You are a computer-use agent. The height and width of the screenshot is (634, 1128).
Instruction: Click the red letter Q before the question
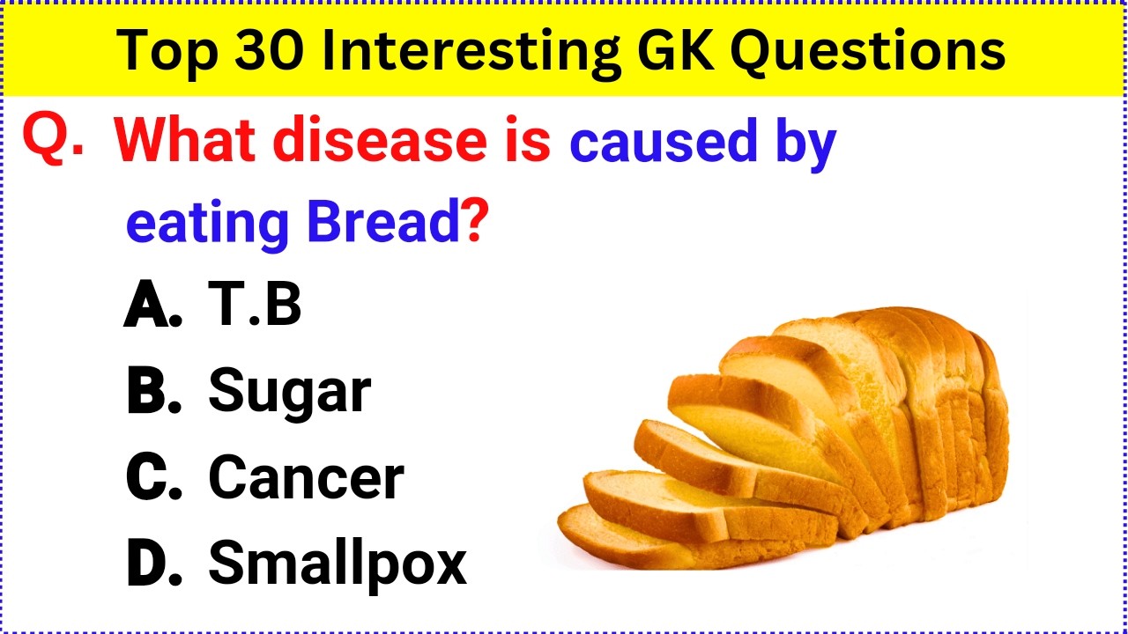pos(48,138)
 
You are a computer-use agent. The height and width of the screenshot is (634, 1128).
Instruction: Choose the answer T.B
pos(254,305)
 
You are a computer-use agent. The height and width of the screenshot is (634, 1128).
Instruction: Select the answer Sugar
pos(289,393)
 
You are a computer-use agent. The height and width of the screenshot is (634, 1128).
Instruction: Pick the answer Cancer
pos(306,478)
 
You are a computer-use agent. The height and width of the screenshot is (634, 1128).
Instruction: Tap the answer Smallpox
pos(337,564)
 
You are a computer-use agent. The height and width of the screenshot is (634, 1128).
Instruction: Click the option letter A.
pos(152,306)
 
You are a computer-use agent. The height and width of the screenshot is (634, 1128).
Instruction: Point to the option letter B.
pos(152,392)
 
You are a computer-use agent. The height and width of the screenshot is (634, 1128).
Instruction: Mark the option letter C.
pos(152,478)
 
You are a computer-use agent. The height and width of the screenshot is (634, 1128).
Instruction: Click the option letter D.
pos(152,564)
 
